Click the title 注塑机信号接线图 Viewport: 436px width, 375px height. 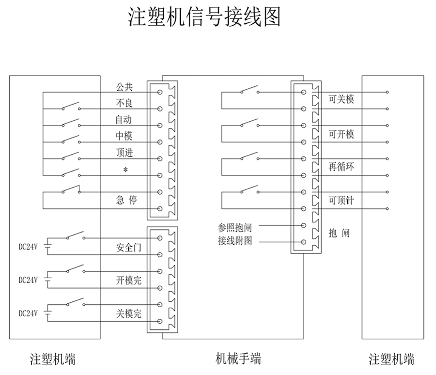pyautogui.click(x=204, y=17)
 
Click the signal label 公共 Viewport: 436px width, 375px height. pyautogui.click(x=124, y=87)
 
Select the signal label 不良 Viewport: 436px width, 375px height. pyautogui.click(x=124, y=103)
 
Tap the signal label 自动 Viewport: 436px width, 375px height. pyautogui.click(x=124, y=120)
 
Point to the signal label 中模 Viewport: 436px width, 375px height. pyautogui.click(x=124, y=136)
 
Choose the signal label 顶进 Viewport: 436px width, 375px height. pyautogui.click(x=124, y=153)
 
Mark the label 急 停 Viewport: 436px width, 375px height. pyautogui.click(x=127, y=200)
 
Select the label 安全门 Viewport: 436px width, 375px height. pyautogui.click(x=128, y=248)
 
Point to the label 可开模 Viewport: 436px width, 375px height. pyautogui.click(x=341, y=134)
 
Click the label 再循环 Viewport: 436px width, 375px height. pyautogui.click(x=341, y=167)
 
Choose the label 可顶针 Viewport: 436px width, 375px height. pyautogui.click(x=341, y=200)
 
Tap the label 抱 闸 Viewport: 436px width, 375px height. pyautogui.click(x=339, y=234)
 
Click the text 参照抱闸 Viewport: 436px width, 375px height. pyautogui.click(x=234, y=226)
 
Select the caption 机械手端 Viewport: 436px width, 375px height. pyautogui.click(x=238, y=359)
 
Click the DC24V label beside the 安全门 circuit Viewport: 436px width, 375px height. pyautogui.click(x=28, y=246)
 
